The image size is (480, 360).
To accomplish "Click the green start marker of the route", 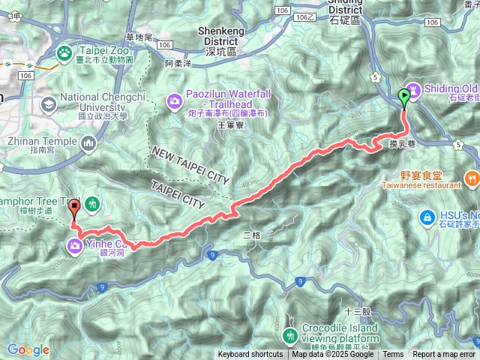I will [x=405, y=96].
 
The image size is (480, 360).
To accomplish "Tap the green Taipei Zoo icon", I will [x=64, y=52].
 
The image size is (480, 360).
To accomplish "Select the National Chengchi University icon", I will [x=49, y=104].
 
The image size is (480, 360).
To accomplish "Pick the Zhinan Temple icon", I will [x=89, y=142].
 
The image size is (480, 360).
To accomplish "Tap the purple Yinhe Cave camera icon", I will [x=75, y=244].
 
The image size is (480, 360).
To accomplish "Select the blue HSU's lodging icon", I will [x=427, y=217].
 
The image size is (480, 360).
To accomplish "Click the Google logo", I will [x=28, y=349].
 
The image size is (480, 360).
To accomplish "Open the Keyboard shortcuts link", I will [x=250, y=355].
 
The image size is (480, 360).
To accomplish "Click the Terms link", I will [x=393, y=355].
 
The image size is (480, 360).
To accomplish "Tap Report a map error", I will [x=444, y=355].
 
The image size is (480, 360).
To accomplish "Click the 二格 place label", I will [x=252, y=234].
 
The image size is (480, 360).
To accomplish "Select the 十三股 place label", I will [x=353, y=310].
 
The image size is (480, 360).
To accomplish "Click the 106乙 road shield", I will [x=305, y=16].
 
